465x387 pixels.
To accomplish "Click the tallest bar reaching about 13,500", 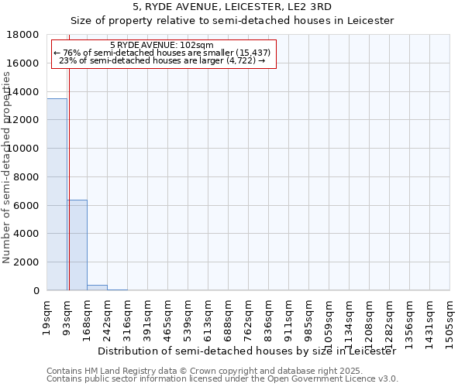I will pyautogui.click(x=57, y=194).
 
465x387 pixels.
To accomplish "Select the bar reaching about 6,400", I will pyautogui.click(x=77, y=245).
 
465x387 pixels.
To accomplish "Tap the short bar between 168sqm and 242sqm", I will pyautogui.click(x=97, y=287).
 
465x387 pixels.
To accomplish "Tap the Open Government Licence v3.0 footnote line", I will pyautogui.click(x=222, y=379).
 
